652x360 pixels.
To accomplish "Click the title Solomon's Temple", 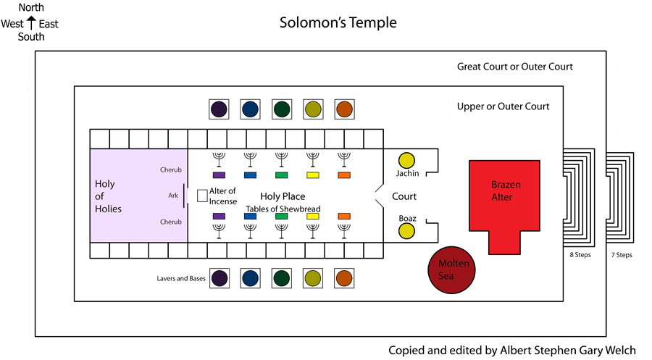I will tap(338, 22).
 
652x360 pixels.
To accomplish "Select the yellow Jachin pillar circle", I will tap(406, 160).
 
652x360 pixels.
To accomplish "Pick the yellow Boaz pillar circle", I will tap(406, 232).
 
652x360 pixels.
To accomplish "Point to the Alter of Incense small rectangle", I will tap(203, 196).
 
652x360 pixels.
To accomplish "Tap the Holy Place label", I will tap(283, 196).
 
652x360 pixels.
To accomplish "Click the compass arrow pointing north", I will tap(30, 24).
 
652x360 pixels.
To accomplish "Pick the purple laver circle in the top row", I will tap(219, 109).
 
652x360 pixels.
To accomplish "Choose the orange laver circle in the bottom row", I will tap(345, 278).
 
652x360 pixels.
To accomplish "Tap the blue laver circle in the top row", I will tap(251, 109).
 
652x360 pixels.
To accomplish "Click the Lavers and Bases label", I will tap(181, 278).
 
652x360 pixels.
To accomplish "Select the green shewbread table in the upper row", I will tap(282, 175).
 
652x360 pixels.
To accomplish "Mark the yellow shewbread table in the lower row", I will tap(313, 217).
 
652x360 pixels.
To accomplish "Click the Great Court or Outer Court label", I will tap(514, 67).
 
